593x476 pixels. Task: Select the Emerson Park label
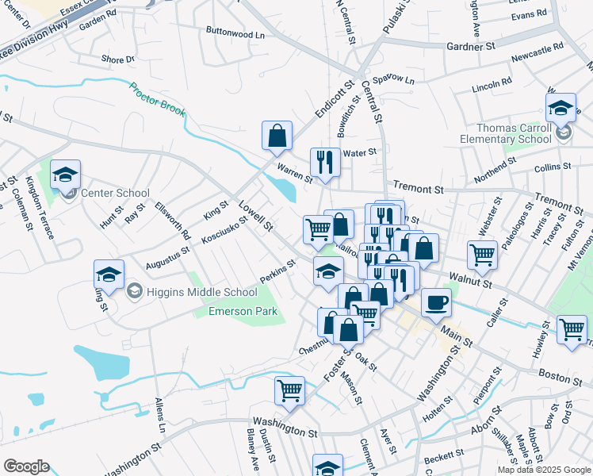(243, 311)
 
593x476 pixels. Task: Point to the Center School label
(121, 193)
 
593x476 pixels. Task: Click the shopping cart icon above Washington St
(289, 390)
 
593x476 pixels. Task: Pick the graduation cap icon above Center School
(65, 174)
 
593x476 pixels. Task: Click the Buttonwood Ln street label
(235, 35)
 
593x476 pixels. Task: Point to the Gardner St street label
(470, 47)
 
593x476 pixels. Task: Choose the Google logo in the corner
(26, 466)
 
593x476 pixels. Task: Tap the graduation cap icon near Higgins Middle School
(109, 274)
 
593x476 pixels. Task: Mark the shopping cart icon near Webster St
(482, 255)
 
